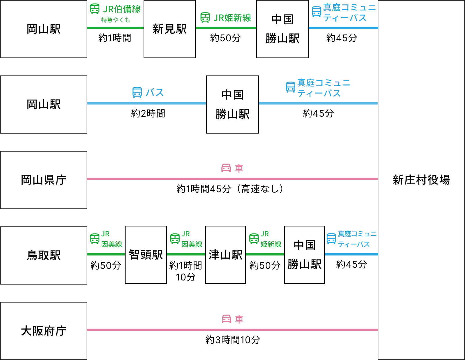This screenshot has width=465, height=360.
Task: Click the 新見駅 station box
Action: click(x=170, y=29)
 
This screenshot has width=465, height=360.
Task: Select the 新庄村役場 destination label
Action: click(x=421, y=180)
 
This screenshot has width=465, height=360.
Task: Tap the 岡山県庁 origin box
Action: click(x=44, y=180)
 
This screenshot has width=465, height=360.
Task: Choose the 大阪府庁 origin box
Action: click(x=44, y=331)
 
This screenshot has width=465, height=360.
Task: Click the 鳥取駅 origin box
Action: click(x=44, y=255)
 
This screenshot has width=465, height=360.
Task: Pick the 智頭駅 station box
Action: click(x=146, y=255)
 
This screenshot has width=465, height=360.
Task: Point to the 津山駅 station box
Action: click(x=226, y=255)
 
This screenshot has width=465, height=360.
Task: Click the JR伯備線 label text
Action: click(x=122, y=9)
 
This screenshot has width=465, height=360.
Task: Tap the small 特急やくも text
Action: click(x=115, y=20)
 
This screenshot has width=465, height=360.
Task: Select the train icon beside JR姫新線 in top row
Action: click(x=205, y=17)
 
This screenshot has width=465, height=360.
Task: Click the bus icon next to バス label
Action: click(x=137, y=92)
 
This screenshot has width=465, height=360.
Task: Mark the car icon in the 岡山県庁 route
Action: click(x=226, y=168)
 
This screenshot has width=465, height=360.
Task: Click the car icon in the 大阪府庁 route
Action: click(x=226, y=319)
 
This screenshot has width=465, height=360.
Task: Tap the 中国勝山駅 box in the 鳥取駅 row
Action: click(x=305, y=255)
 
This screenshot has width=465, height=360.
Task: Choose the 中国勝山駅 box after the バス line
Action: click(x=233, y=105)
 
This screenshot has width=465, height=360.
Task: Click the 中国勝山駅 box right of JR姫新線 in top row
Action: click(x=282, y=29)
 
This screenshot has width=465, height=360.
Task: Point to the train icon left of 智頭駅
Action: click(x=95, y=239)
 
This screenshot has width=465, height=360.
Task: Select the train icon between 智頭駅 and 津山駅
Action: click(x=175, y=239)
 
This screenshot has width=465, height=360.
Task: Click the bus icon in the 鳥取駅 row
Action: click(x=331, y=239)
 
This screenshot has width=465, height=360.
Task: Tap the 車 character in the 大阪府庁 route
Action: click(x=239, y=319)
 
